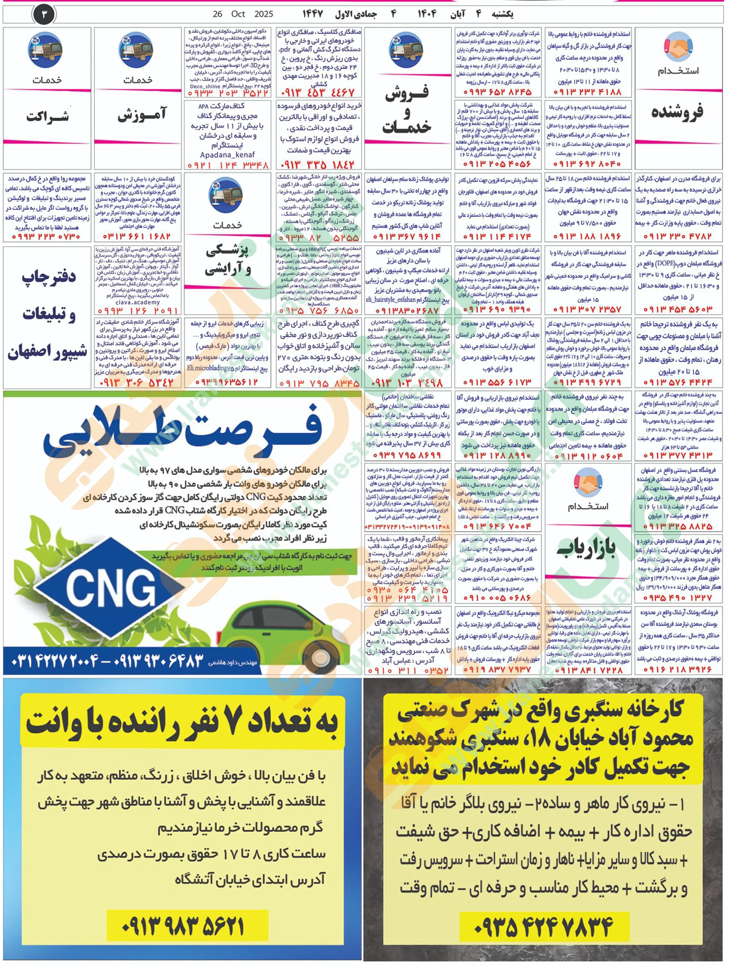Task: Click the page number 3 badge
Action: tap(44, 14)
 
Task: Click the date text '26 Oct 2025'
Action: tap(243, 14)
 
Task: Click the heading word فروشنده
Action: tap(677, 113)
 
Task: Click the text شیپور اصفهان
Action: tap(47, 353)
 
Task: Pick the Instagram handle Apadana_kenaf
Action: tap(227, 155)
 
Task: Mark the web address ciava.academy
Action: tap(137, 302)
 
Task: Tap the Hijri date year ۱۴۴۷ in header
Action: tap(313, 14)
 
